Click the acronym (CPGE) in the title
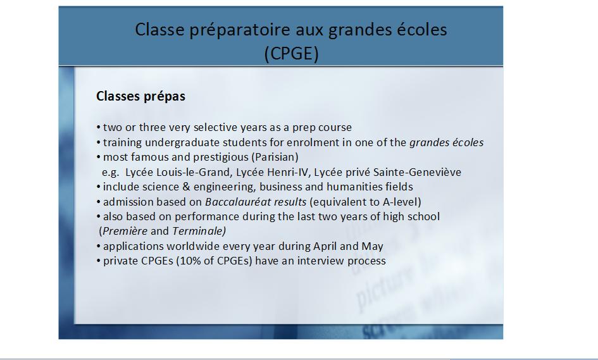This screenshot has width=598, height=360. click(291, 53)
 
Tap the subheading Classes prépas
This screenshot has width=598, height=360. click(140, 96)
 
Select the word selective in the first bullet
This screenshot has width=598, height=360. click(215, 127)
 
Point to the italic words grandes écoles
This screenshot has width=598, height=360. click(446, 142)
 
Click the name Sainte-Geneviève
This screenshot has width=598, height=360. click(417, 172)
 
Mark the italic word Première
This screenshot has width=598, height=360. click(125, 231)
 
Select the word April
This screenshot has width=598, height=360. click(325, 246)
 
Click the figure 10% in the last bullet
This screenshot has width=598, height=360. click(191, 261)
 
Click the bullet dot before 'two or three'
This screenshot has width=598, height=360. click(99, 127)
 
